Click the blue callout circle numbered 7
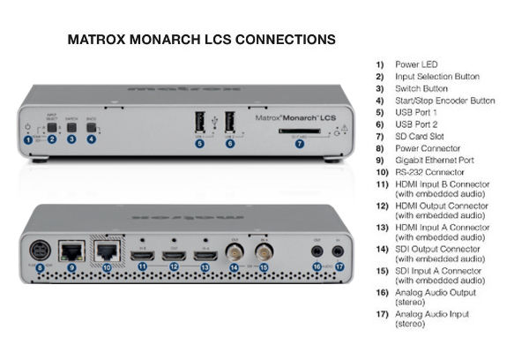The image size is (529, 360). point(300,144)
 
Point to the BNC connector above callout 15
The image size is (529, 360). point(264,251)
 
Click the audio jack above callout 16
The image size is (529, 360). point(316,251)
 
